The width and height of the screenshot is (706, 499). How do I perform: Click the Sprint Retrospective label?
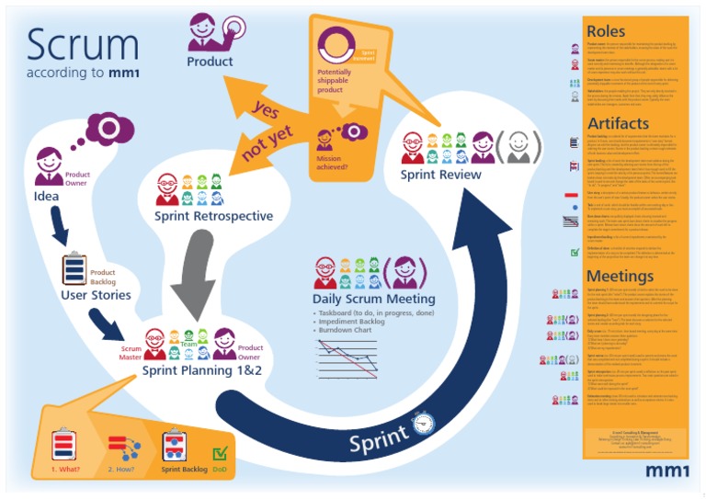coord(212,216)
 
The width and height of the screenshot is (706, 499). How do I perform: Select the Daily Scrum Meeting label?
coord(373,299)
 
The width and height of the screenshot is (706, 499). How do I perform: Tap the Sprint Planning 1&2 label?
coord(202,369)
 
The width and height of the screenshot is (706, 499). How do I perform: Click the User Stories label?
coord(96,295)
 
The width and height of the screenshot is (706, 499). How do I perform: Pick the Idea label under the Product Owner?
coord(47,196)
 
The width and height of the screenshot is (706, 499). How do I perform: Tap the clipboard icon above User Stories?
coord(74,268)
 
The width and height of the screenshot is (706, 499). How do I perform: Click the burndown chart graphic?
coord(347,357)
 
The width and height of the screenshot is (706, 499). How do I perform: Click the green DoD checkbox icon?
coord(221,452)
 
